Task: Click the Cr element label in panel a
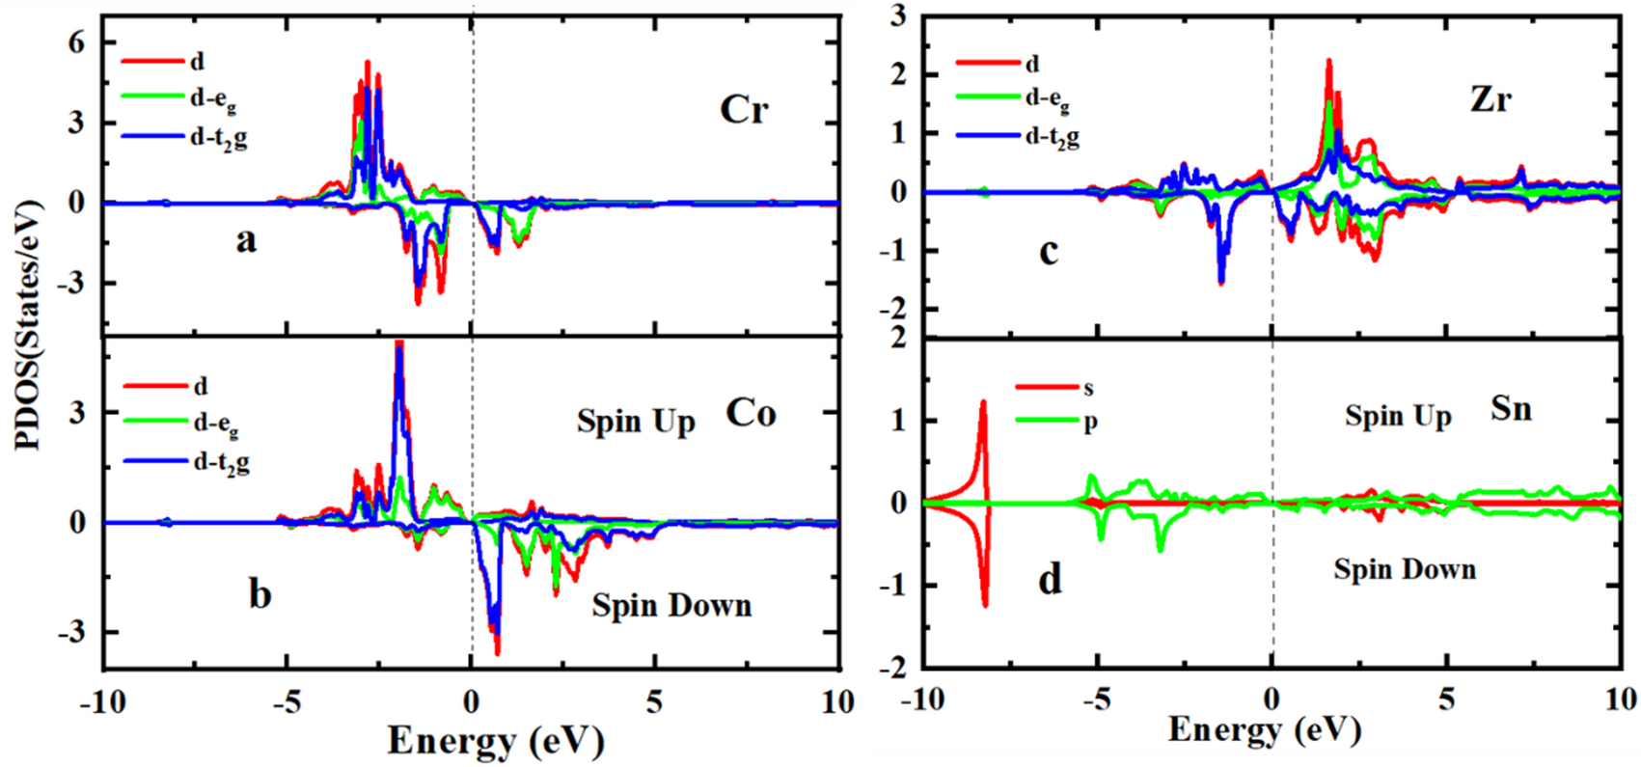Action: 744,110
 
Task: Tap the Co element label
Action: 751,414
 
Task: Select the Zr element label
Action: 1491,98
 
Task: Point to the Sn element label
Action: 1511,409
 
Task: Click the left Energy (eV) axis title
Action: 496,741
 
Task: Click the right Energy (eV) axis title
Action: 1264,729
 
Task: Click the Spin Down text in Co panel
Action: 671,606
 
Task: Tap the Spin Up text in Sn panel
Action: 1398,417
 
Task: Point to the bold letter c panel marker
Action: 1049,251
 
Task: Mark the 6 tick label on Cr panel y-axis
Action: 76,42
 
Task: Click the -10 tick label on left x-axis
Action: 102,702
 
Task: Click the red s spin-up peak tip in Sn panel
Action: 984,402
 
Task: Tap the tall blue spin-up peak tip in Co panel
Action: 399,345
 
